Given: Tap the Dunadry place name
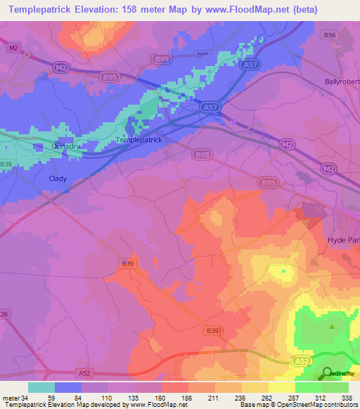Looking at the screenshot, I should pyautogui.click(x=66, y=146).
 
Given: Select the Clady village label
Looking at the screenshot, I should pyautogui.click(x=58, y=178).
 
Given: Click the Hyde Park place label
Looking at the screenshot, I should pyautogui.click(x=344, y=240).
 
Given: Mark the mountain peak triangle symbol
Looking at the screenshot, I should pyautogui.click(x=332, y=326).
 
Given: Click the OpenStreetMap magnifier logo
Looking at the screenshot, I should pyautogui.click(x=328, y=372).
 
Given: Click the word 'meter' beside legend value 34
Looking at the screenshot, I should pyautogui.click(x=11, y=397).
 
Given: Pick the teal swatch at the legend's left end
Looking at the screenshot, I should pyautogui.click(x=41, y=387).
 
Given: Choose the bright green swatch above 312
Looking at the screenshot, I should pyautogui.click(x=308, y=387).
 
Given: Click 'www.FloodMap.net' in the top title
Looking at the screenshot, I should pyautogui.click(x=236, y=10).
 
